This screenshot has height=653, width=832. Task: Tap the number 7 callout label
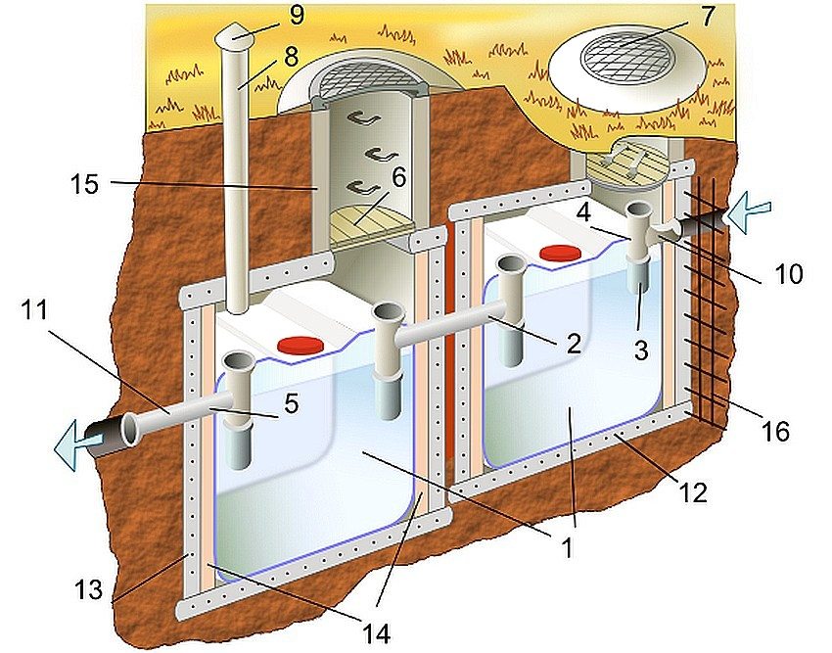(x=708, y=17)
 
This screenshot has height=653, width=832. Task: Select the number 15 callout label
(x=86, y=183)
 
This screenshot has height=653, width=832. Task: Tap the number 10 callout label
(x=786, y=275)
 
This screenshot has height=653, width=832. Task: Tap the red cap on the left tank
(x=299, y=344)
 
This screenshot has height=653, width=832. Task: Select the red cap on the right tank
(x=560, y=253)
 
